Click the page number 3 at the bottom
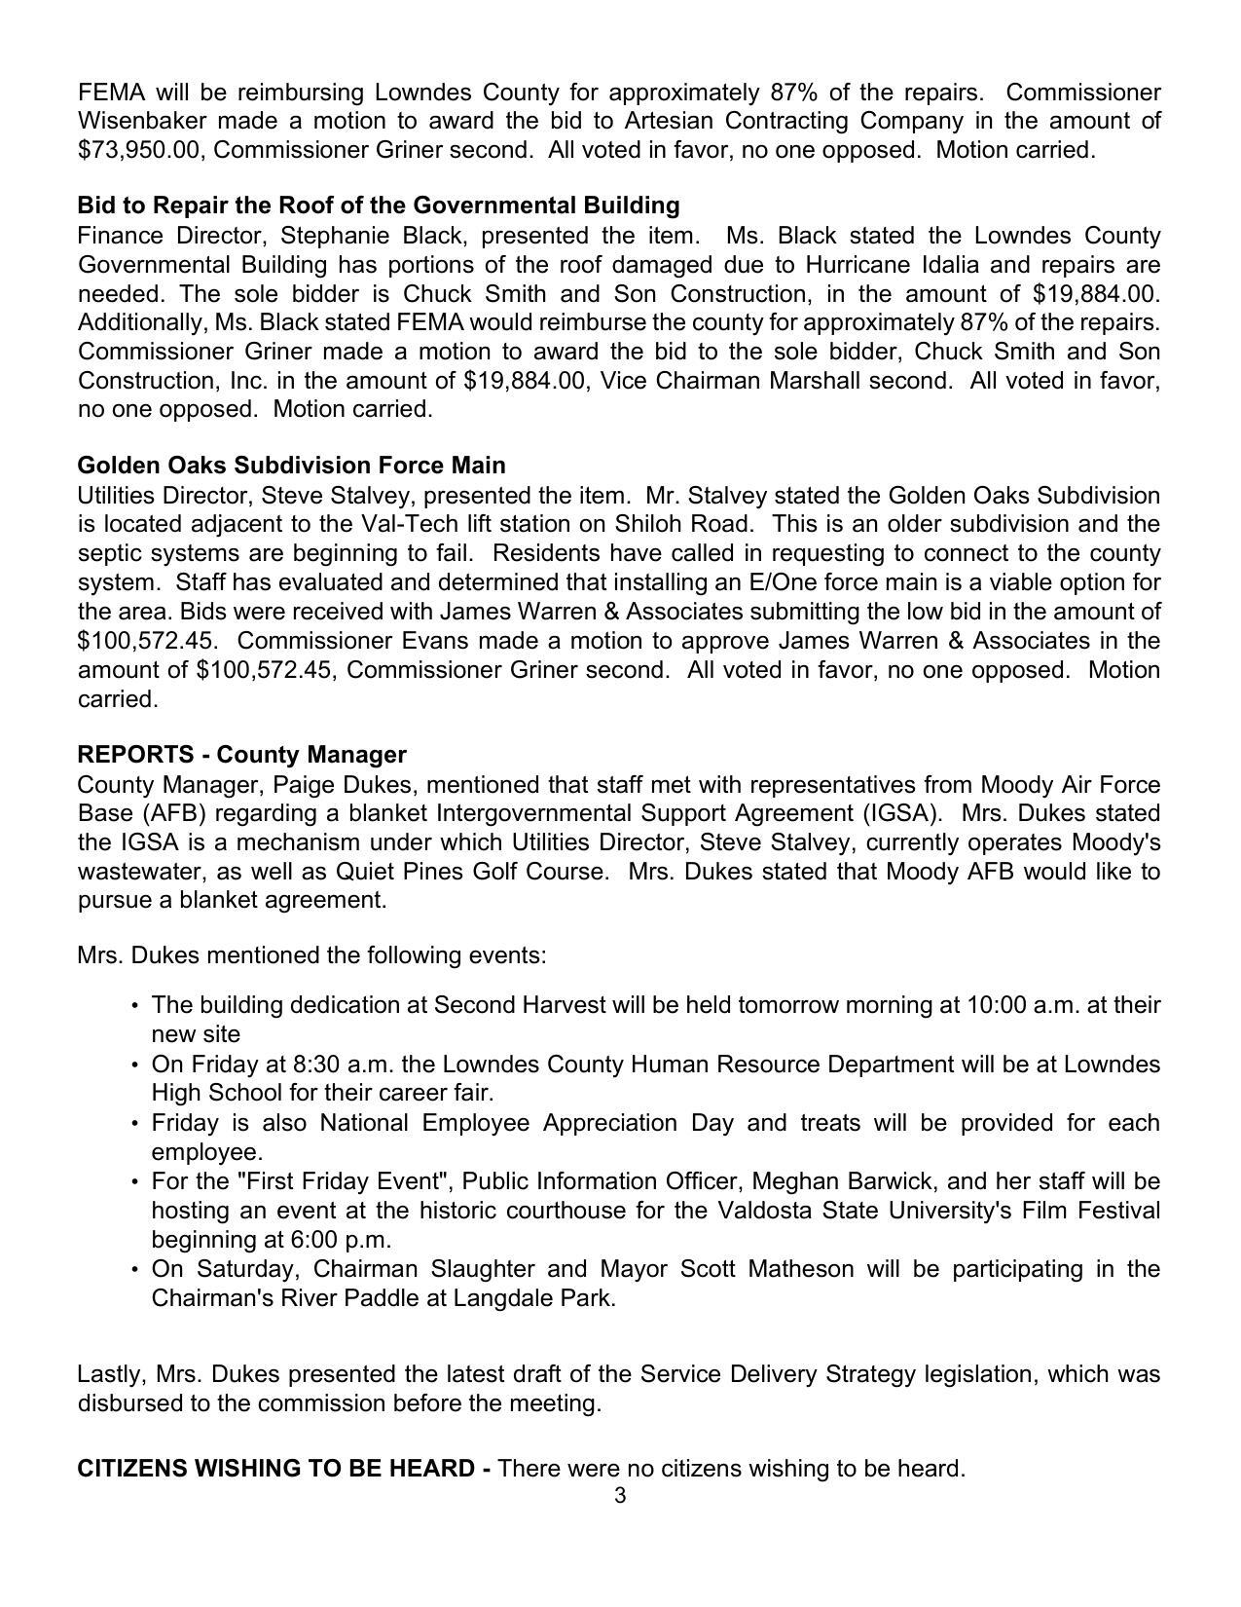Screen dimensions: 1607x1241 (x=620, y=1496)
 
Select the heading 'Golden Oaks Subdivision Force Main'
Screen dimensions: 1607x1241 (x=291, y=465)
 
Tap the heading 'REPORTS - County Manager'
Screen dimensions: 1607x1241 (x=241, y=755)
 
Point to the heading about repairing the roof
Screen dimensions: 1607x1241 (x=378, y=206)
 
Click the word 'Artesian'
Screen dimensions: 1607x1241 (x=695, y=121)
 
